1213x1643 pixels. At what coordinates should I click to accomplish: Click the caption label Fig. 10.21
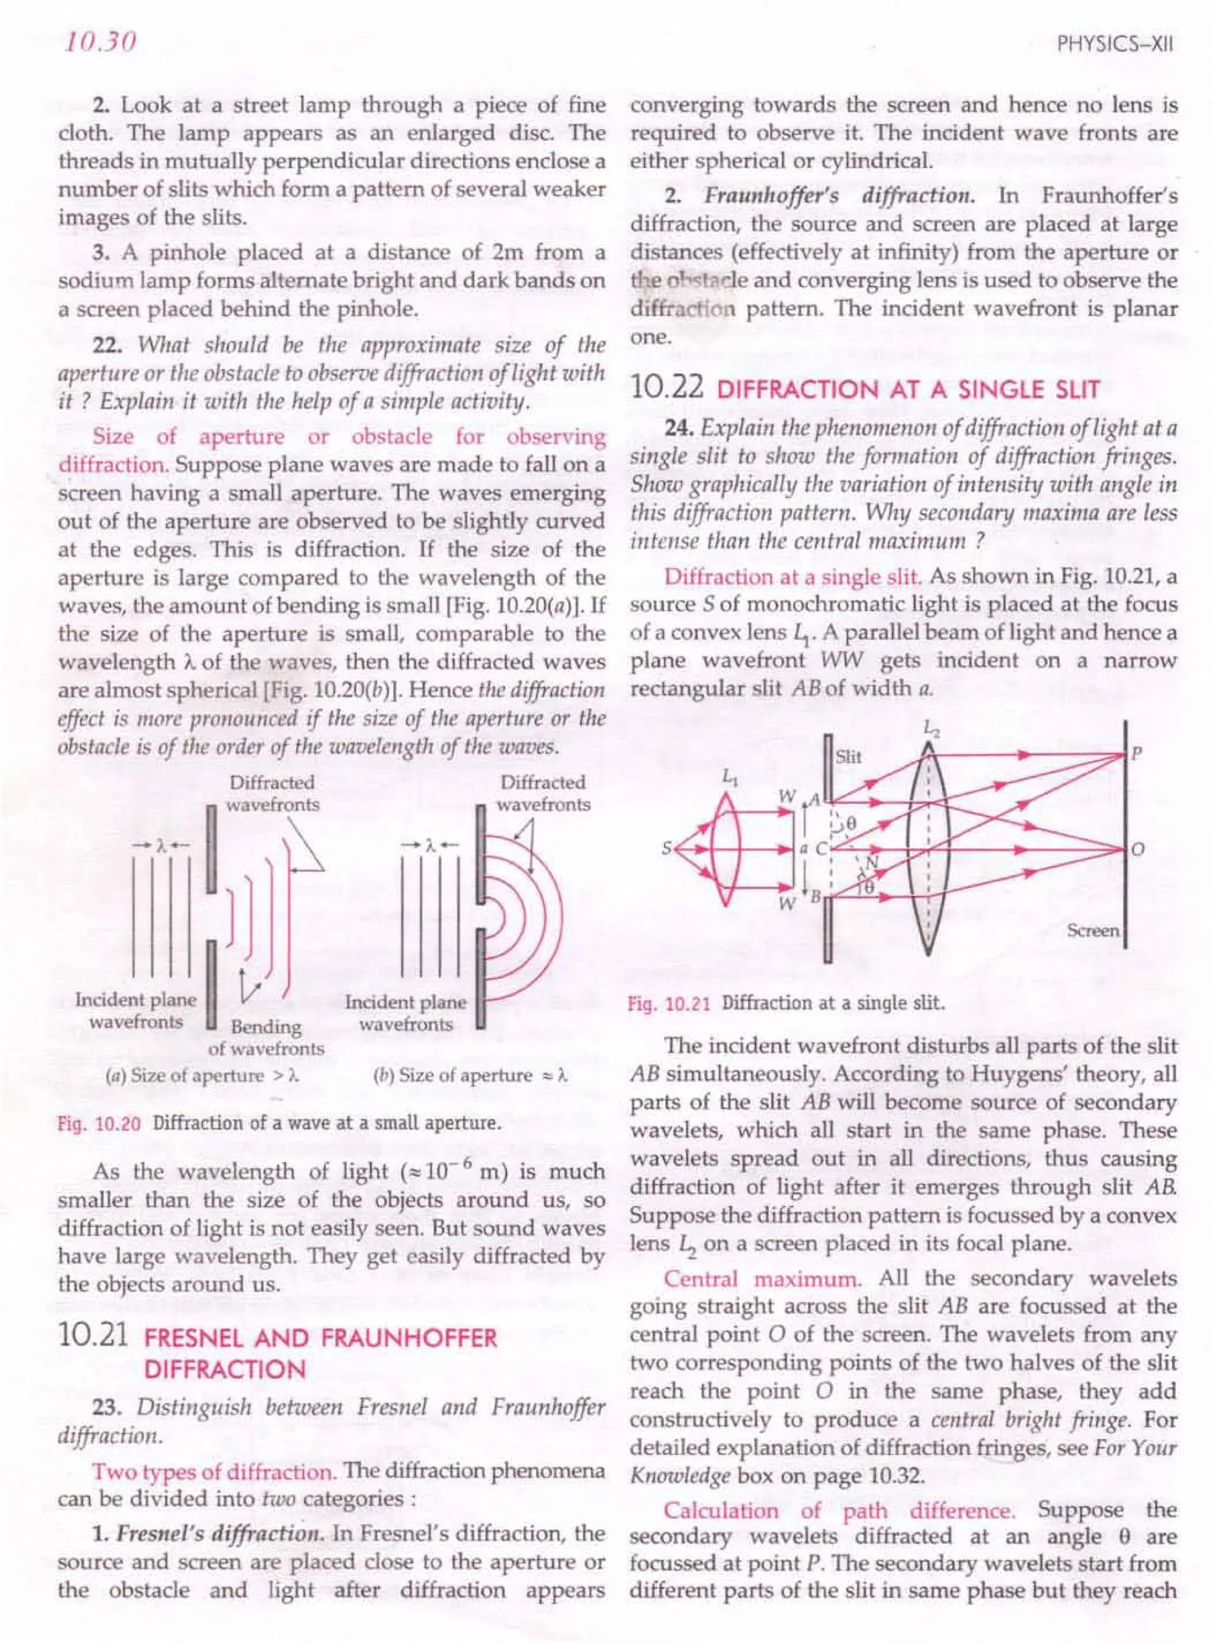tap(669, 1003)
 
